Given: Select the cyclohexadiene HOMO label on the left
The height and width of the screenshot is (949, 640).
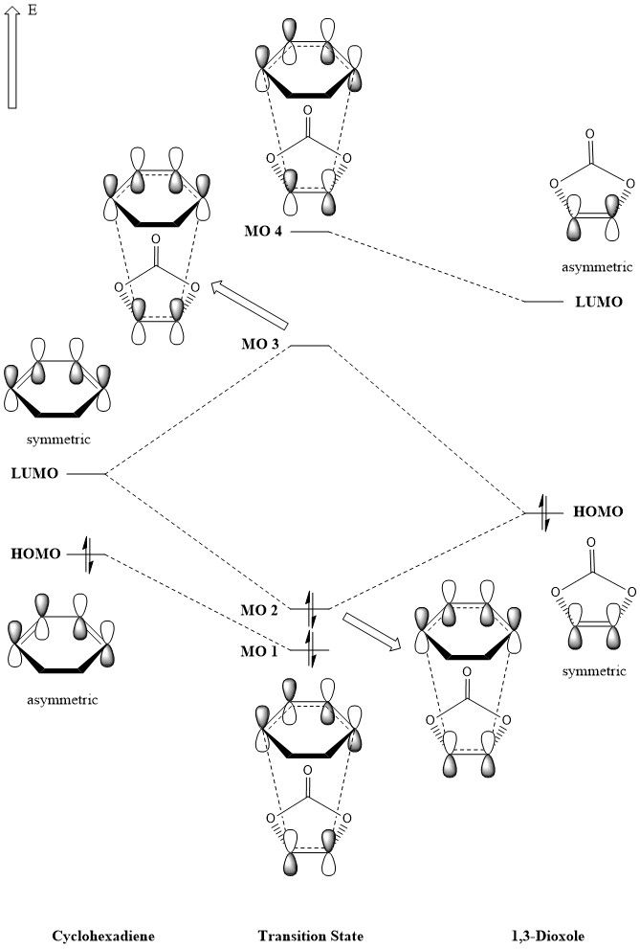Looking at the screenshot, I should (36, 554).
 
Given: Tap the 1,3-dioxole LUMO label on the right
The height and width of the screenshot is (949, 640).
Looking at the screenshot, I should (598, 302).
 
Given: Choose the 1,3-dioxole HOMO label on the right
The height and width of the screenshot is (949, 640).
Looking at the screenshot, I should (598, 512).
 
